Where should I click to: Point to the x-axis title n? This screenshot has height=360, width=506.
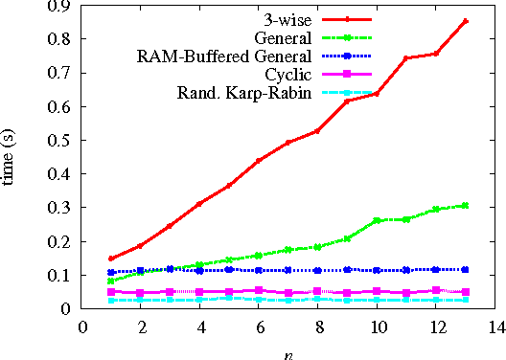(288, 353)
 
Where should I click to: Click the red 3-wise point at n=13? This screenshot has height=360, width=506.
(466, 21)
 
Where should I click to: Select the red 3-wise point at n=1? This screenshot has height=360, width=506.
(111, 259)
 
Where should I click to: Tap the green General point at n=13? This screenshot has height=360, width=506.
(466, 205)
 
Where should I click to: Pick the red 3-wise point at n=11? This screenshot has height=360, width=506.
(406, 58)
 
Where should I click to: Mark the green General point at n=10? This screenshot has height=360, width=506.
(377, 220)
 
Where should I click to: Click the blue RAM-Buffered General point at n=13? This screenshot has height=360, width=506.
(466, 269)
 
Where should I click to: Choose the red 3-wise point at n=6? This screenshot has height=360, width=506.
(259, 161)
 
